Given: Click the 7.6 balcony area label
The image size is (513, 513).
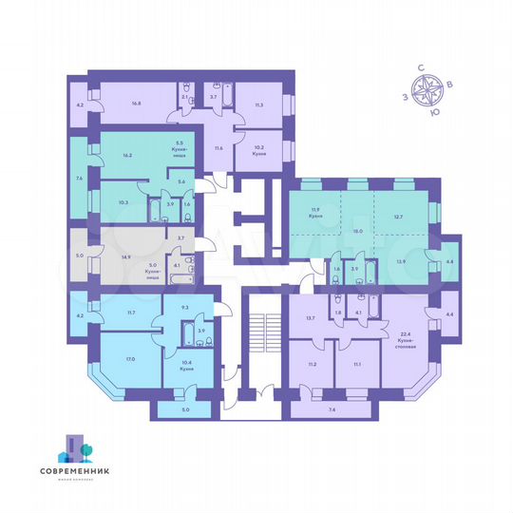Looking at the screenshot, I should click(x=78, y=177).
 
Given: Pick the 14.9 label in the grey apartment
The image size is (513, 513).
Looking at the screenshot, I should click(x=123, y=254).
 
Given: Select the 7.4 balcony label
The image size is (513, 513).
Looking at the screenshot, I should click(x=331, y=409).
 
